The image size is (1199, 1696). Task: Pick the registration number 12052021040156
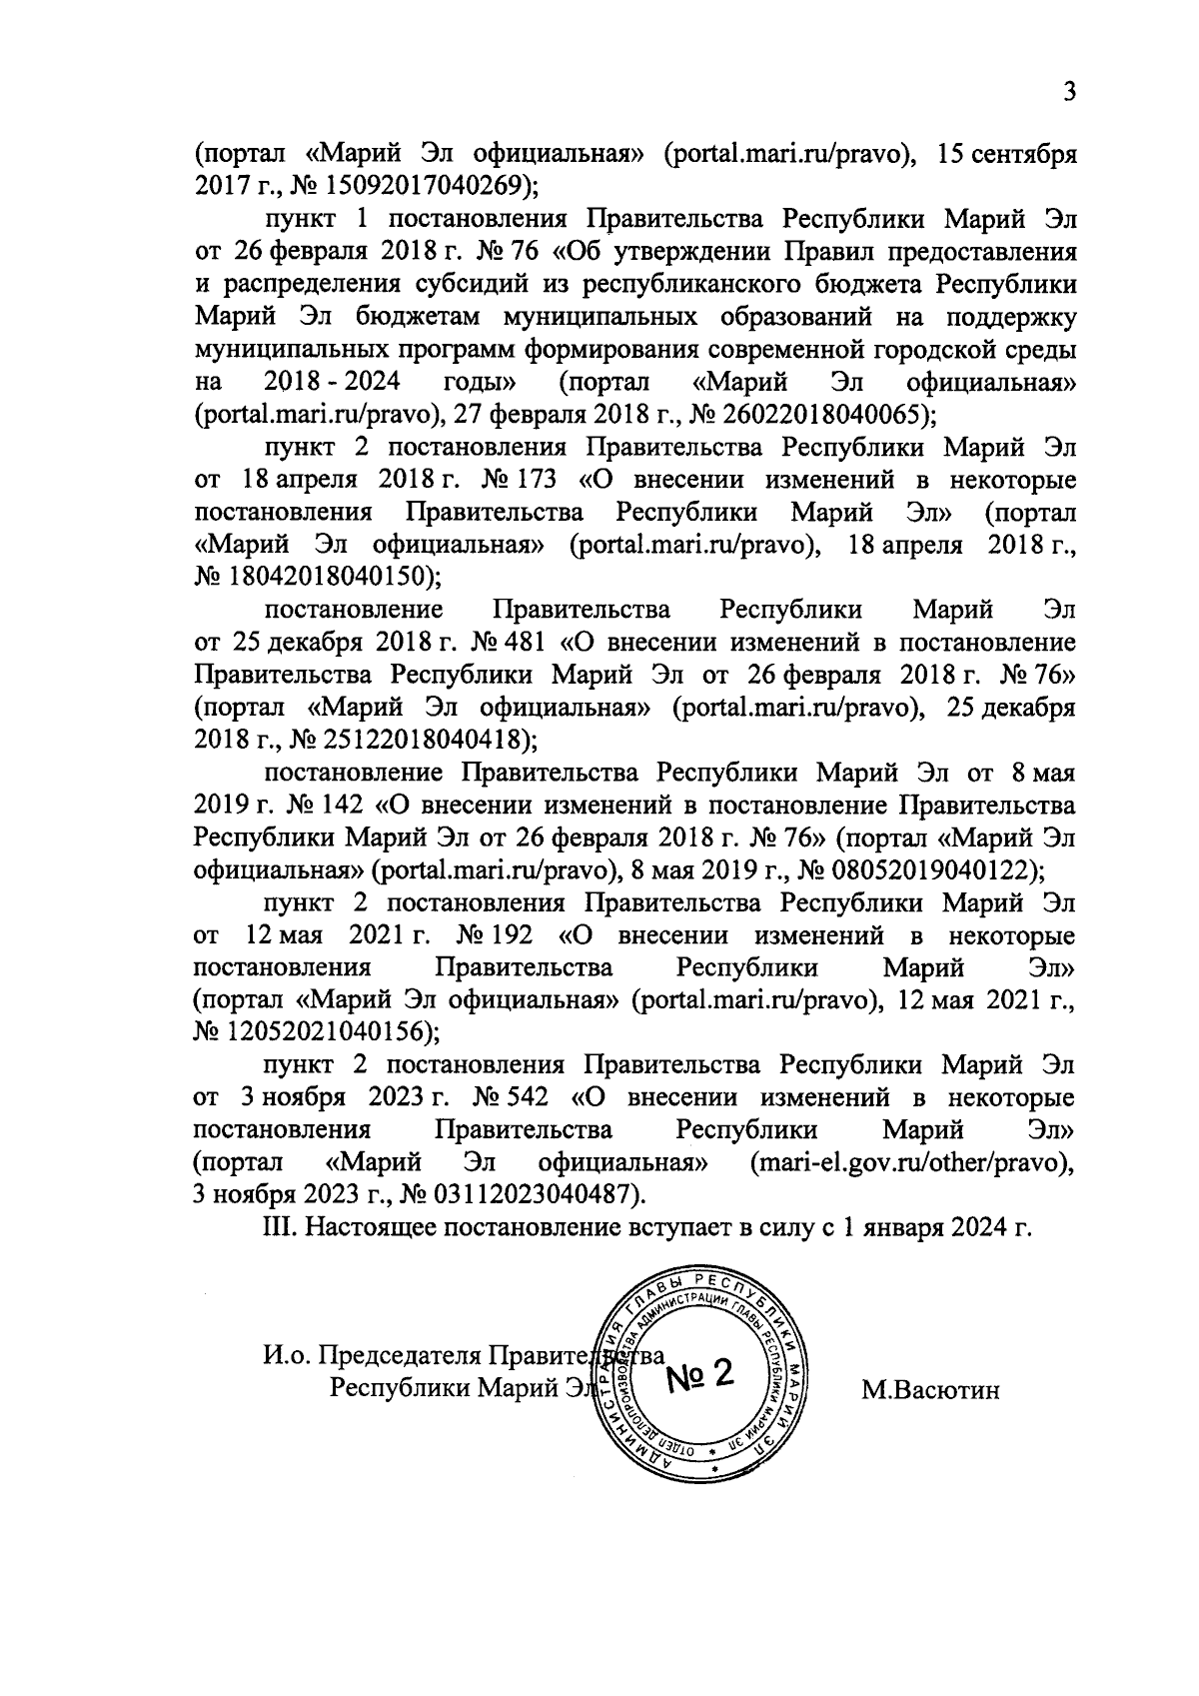(x=318, y=1031)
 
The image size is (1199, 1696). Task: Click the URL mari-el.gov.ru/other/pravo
(x=905, y=1162)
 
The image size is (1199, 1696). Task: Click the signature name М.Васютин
(x=930, y=1390)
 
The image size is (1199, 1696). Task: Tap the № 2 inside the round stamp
(x=699, y=1377)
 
